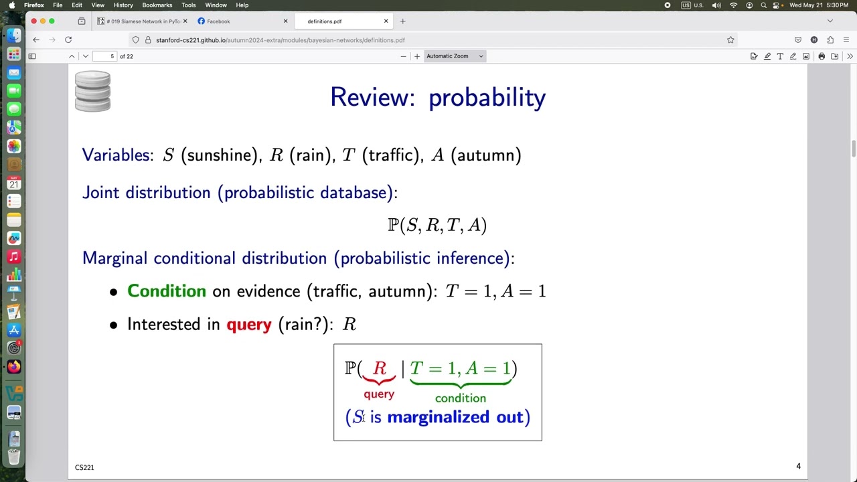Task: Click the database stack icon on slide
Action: pos(92,91)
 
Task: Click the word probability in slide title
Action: pos(487,98)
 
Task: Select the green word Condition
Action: pos(167,291)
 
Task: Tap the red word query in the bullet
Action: pos(248,325)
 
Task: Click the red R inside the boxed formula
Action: pos(380,368)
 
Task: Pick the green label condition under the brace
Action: pos(460,398)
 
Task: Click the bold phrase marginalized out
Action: pos(455,417)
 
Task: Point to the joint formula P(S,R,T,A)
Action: pos(437,225)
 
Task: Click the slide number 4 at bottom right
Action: pos(798,466)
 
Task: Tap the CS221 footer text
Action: pos(84,467)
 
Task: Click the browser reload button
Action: pos(68,39)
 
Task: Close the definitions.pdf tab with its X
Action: pos(386,21)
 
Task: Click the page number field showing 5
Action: pos(105,56)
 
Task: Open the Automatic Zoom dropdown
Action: pos(455,56)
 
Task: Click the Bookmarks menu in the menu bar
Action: pos(157,5)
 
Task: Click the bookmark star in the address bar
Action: pos(730,39)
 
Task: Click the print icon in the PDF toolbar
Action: pos(822,56)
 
